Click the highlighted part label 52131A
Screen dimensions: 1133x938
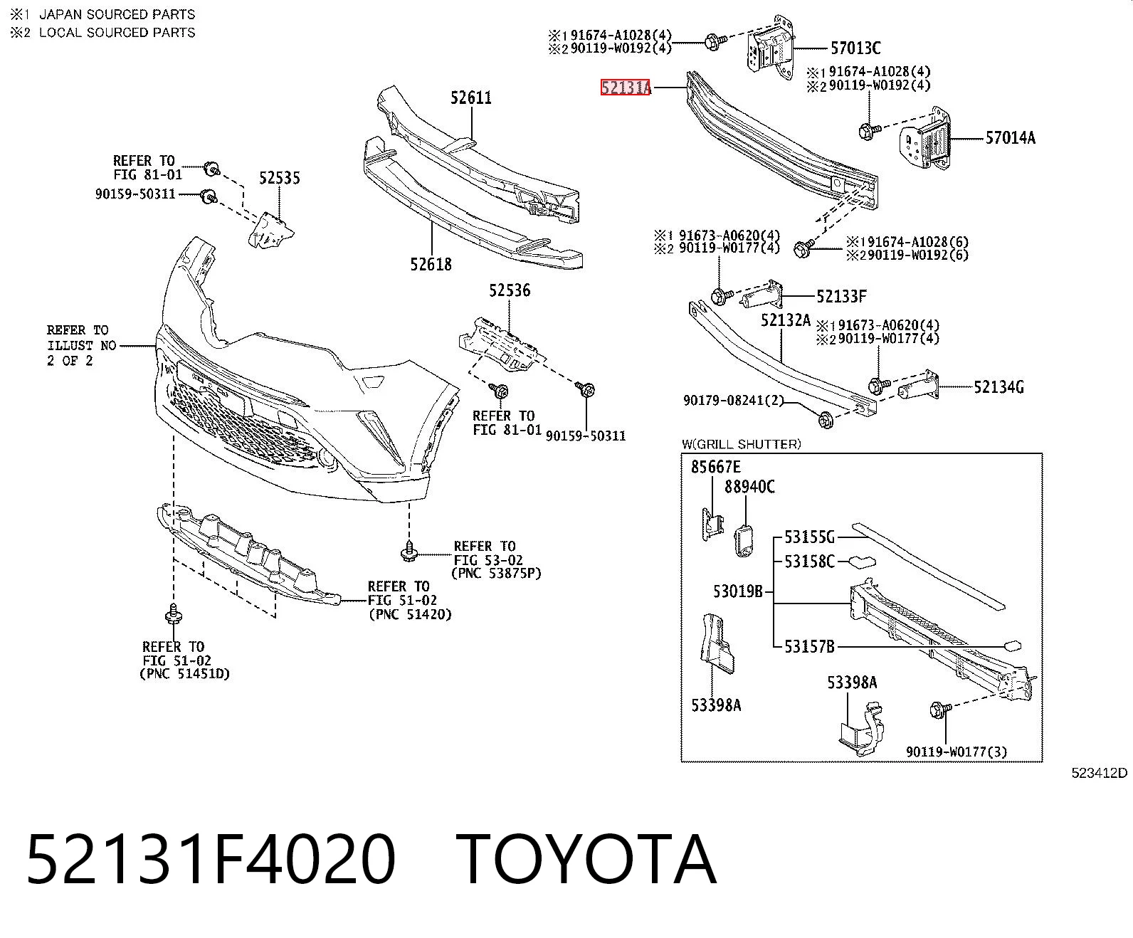[625, 88]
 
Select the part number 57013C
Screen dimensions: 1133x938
[855, 48]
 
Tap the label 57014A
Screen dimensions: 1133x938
[1011, 138]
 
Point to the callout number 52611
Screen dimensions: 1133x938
[471, 98]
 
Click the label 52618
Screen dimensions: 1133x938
[431, 264]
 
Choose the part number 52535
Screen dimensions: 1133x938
[280, 178]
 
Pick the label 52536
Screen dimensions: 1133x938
[510, 290]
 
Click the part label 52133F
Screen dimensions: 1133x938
[842, 296]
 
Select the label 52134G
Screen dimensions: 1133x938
[999, 387]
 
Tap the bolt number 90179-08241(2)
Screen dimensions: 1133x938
[734, 401]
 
